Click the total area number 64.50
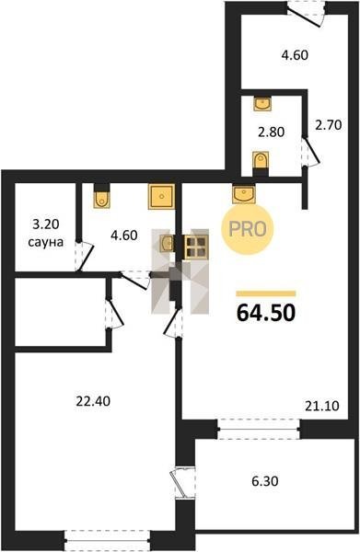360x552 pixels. pos(266,313)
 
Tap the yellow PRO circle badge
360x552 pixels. pos(248,229)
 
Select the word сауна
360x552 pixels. pos(45,242)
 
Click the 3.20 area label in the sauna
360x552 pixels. pos(45,224)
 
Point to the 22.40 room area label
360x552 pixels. pos(93,400)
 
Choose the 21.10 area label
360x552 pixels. pos(322,406)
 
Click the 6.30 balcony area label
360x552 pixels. pos(265,480)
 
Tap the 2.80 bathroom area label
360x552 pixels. pos(272,132)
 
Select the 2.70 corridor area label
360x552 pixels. pos(329,124)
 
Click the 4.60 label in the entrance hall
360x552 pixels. pos(295,55)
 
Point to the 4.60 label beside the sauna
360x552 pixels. pos(124,235)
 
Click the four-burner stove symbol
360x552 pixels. pos(196,247)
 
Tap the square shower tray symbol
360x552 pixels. pos(161,197)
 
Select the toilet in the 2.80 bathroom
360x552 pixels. pos(261,162)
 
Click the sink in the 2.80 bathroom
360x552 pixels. pos(263,104)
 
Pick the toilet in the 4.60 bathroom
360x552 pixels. pos(102,197)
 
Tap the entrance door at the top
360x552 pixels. pos(306,14)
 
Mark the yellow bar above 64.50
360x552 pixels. pos(266,294)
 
